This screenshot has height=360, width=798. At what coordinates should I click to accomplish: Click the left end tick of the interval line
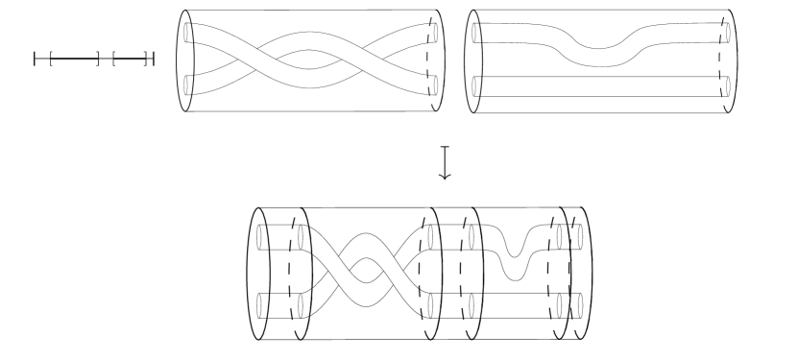tap(36, 60)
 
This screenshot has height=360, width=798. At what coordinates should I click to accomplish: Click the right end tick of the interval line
tap(153, 60)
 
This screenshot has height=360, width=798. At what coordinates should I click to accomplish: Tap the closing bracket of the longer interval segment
tap(98, 60)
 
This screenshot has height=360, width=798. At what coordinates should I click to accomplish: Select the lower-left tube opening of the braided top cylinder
tap(189, 85)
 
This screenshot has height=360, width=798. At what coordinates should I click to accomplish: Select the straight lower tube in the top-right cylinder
tap(595, 89)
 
